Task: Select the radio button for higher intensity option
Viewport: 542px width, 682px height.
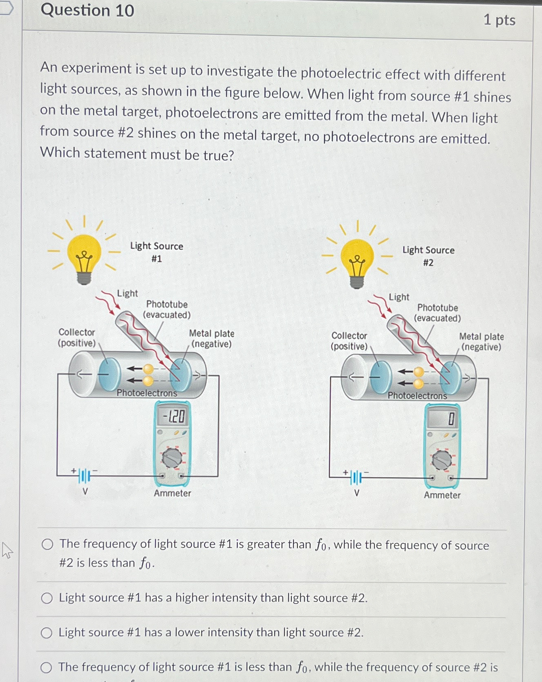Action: click(x=47, y=598)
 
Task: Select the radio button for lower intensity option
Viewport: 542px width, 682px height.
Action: click(x=47, y=633)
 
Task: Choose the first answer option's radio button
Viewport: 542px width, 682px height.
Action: click(x=47, y=544)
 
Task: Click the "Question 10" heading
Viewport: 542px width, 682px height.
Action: click(x=87, y=10)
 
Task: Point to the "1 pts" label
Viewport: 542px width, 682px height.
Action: click(x=499, y=20)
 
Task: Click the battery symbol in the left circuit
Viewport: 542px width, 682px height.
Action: click(x=84, y=476)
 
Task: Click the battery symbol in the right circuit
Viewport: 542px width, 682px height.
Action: click(x=356, y=477)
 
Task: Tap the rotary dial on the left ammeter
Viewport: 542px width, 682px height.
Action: click(x=172, y=458)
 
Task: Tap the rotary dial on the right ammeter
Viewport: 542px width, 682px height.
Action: click(x=442, y=461)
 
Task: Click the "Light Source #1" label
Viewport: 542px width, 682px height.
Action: click(x=157, y=252)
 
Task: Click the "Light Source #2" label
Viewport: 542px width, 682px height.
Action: click(x=428, y=256)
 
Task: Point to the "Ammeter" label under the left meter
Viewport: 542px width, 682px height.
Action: click(x=172, y=493)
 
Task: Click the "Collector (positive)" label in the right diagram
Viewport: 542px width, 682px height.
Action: click(x=349, y=341)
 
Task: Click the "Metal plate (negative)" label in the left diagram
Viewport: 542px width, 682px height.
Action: click(x=211, y=339)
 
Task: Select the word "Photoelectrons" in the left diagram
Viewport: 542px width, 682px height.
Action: click(x=147, y=393)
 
